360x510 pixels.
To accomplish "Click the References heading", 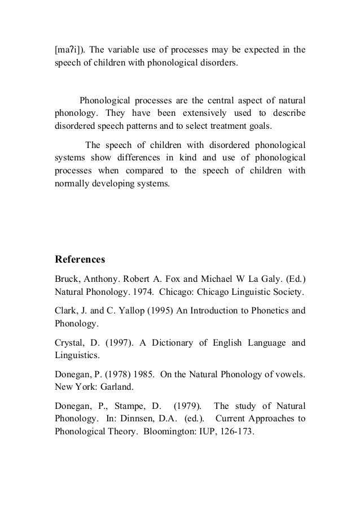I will tap(79, 260).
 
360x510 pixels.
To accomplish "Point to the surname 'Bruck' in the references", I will tap(66, 280).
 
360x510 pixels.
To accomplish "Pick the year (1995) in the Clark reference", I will tap(156, 312).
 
